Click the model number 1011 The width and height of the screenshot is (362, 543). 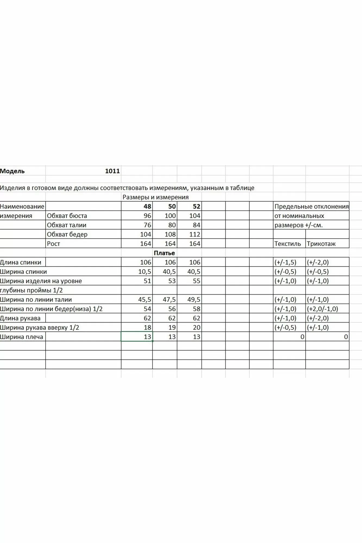(x=112, y=171)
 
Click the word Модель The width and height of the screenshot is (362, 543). (x=12, y=171)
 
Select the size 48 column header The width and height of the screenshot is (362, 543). (x=147, y=206)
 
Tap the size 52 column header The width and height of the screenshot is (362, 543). (x=196, y=206)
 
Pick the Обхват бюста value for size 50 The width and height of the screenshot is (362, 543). (x=170, y=216)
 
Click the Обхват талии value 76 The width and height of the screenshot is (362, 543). (x=147, y=225)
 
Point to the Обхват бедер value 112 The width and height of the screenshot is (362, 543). (x=194, y=234)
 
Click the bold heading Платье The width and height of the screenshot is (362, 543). (x=164, y=253)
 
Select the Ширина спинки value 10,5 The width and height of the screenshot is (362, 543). (x=144, y=272)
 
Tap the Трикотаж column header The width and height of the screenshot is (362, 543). (x=321, y=244)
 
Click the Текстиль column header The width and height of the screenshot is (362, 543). (x=288, y=244)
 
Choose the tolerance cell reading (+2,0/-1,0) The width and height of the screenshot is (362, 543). (x=322, y=309)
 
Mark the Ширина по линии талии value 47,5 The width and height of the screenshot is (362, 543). (x=169, y=300)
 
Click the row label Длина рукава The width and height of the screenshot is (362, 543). (x=20, y=318)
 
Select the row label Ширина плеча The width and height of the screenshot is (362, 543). (x=21, y=337)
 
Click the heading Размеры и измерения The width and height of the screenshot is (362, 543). (x=156, y=197)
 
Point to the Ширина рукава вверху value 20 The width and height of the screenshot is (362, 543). (x=196, y=327)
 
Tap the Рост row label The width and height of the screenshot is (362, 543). (x=53, y=244)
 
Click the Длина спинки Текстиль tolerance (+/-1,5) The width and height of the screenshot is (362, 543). (x=285, y=263)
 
